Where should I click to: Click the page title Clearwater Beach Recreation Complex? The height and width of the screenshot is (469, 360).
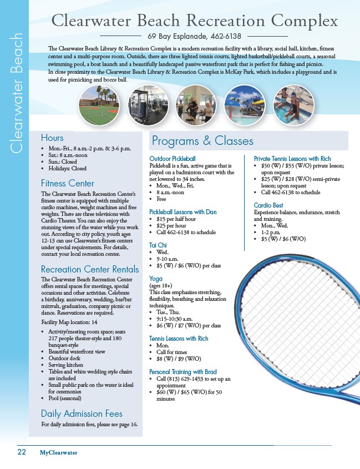pos(194,21)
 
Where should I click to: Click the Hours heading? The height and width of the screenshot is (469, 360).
pos(52,138)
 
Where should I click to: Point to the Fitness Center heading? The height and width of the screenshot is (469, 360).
pos(67,183)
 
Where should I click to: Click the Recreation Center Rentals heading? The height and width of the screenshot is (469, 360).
pos(90,269)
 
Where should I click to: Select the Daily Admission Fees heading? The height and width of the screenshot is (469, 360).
pos(82,413)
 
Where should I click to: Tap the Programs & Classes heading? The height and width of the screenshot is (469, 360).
pos(202,141)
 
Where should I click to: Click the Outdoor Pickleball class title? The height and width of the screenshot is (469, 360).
pos(173,159)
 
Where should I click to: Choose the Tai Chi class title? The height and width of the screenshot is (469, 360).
pos(159,245)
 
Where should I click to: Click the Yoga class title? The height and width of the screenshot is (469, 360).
pos(156,278)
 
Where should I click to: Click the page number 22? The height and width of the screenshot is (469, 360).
pos(22,452)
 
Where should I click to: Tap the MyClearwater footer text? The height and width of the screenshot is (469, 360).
pos(58,452)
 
